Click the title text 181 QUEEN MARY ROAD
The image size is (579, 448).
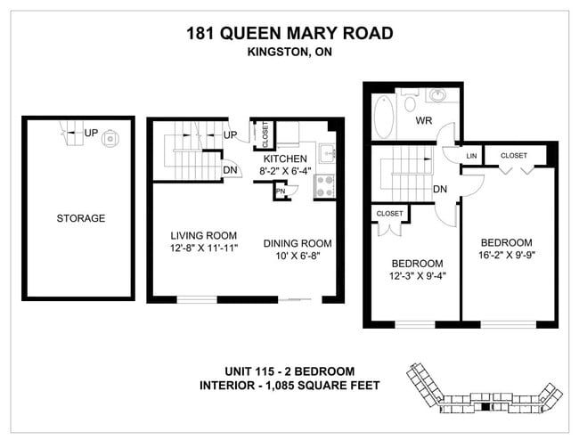pos(289,34)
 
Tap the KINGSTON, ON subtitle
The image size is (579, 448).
pos(289,53)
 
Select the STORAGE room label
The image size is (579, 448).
pos(80,218)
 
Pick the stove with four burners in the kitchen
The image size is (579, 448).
pos(324,187)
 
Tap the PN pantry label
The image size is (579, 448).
pos(280,191)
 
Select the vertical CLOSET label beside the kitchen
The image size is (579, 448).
pos(265,134)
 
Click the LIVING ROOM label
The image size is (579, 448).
pos(202,236)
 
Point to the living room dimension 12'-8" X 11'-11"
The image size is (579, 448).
pos(202,250)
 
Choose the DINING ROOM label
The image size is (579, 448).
pos(298,243)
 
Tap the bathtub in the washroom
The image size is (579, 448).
pos(383,116)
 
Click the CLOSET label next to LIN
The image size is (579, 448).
pos(513,156)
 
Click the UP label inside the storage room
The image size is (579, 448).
pos(91,134)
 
